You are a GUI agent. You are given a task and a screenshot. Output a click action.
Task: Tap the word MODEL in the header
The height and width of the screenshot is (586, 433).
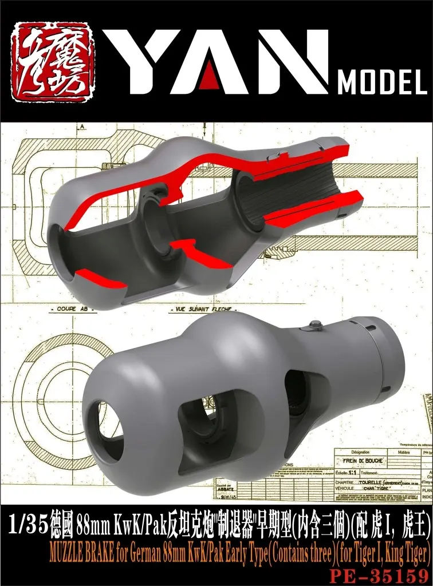click(382, 84)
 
